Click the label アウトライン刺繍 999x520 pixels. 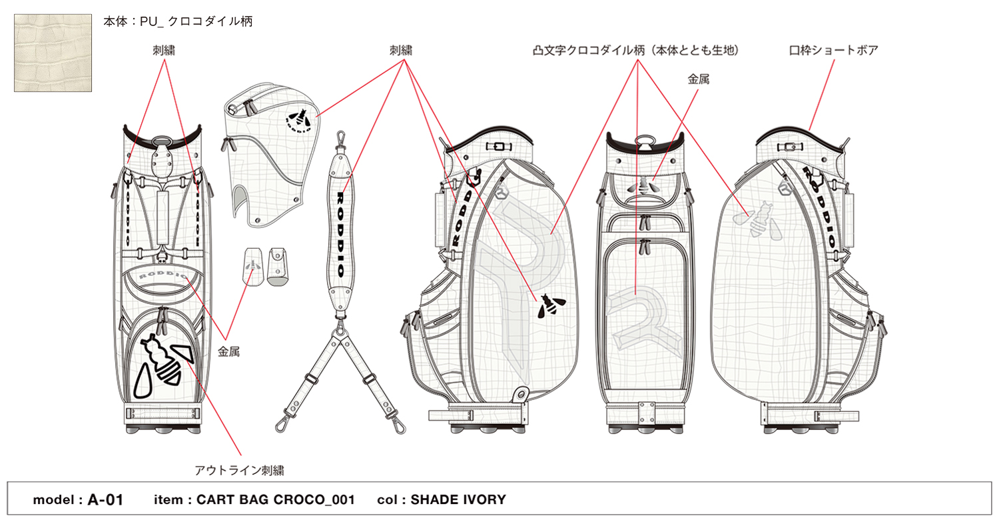pyautogui.click(x=239, y=471)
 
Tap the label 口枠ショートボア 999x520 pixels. pyautogui.click(x=833, y=50)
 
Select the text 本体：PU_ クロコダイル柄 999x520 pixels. pyautogui.click(x=178, y=22)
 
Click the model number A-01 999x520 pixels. pyautogui.click(x=105, y=500)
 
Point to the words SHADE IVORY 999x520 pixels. pyautogui.click(x=458, y=500)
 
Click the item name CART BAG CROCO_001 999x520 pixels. pyautogui.click(x=275, y=500)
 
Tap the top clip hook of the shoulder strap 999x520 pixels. pyautogui.click(x=342, y=141)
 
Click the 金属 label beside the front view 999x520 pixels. pyautogui.click(x=228, y=352)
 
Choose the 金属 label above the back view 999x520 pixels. pyautogui.click(x=698, y=79)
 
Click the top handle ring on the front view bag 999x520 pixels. pyautogui.click(x=161, y=142)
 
